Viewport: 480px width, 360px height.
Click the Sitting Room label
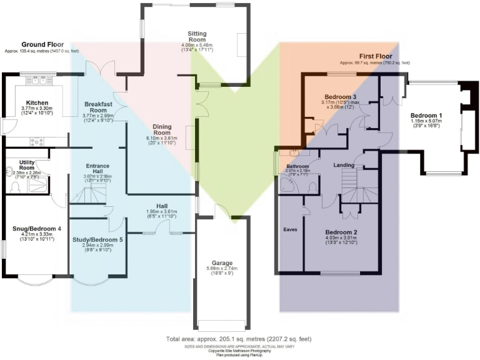tap(206, 37)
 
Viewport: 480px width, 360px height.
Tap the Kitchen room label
tap(37, 102)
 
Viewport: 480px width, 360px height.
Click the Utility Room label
tap(27, 165)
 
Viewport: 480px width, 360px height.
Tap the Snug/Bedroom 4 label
tap(37, 229)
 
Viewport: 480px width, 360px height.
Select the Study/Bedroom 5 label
tap(97, 239)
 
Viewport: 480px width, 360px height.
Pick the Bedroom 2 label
tap(340, 232)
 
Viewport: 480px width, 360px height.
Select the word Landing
tap(344, 166)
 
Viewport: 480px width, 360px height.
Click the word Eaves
tap(291, 229)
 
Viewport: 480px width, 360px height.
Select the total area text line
tap(239, 339)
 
